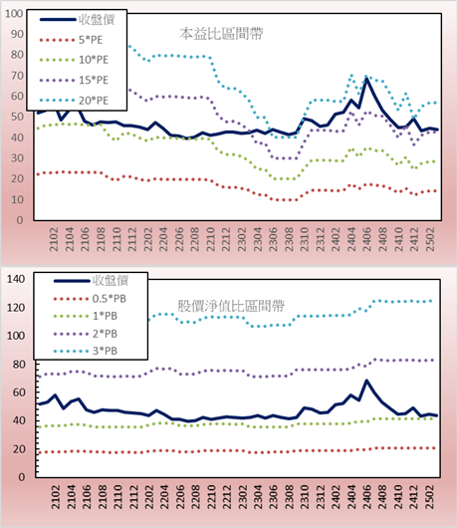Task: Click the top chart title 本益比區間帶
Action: pyautogui.click(x=221, y=34)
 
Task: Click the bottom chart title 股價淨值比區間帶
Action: pyautogui.click(x=231, y=306)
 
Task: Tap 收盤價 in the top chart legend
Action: pyautogui.click(x=97, y=20)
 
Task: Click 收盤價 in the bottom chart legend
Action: pyautogui.click(x=111, y=281)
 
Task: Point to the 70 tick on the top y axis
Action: pyautogui.click(x=17, y=76)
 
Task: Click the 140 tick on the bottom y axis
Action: pyautogui.click(x=16, y=279)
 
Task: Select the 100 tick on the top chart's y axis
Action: pyautogui.click(x=14, y=14)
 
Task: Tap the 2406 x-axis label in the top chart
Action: pyautogui.click(x=366, y=239)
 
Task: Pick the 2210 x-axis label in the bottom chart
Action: pyautogui.click(x=211, y=497)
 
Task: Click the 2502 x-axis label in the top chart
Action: pyautogui.click(x=430, y=239)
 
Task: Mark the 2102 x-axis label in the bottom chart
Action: pyautogui.click(x=55, y=497)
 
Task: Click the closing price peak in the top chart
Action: pyautogui.click(x=366, y=79)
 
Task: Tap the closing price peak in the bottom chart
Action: pyautogui.click(x=366, y=381)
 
